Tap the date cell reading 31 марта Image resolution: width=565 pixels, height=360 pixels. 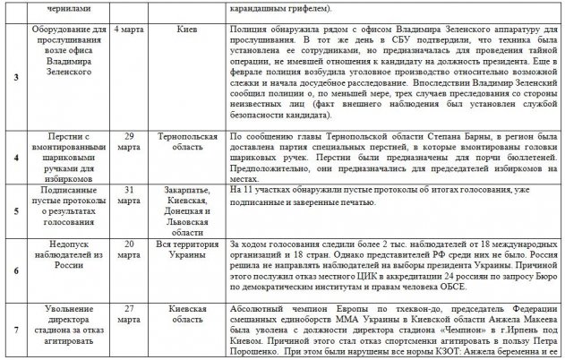[x=132, y=196]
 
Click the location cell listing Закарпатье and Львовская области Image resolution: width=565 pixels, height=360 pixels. [x=187, y=209]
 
